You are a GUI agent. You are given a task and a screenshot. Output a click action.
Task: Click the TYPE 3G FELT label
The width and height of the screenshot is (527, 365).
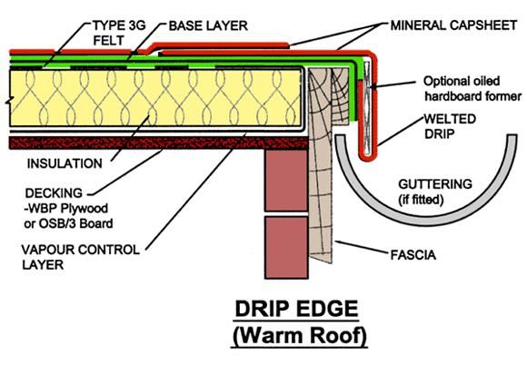pyautogui.click(x=119, y=33)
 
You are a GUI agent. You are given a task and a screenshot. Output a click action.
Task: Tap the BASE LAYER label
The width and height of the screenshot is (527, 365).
pyautogui.click(x=208, y=25)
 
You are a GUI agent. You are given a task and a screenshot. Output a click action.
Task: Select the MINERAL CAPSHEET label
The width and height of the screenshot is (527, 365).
pyautogui.click(x=453, y=25)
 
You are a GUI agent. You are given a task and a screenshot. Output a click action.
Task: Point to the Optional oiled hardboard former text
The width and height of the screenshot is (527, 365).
pyautogui.click(x=472, y=89)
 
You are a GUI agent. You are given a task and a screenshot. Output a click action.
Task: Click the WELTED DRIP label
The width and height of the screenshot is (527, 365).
pyautogui.click(x=450, y=126)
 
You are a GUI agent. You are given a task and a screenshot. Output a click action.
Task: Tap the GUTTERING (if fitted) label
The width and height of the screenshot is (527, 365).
pyautogui.click(x=435, y=192)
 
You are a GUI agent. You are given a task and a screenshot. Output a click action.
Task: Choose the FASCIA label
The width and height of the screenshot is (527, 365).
pyautogui.click(x=413, y=255)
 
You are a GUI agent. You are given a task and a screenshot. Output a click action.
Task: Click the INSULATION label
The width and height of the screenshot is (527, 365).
pyautogui.click(x=65, y=163)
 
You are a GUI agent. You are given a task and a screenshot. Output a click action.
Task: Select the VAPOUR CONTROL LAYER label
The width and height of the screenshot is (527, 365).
pyautogui.click(x=80, y=257)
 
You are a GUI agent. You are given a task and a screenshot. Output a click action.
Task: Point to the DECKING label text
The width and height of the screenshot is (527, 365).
pyautogui.click(x=54, y=193)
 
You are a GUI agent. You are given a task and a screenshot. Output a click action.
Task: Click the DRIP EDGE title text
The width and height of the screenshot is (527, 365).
pyautogui.click(x=296, y=309)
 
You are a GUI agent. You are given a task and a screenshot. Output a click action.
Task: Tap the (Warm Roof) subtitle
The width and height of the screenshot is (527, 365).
pyautogui.click(x=299, y=336)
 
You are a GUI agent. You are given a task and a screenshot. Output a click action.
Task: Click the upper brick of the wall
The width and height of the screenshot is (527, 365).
pyautogui.click(x=286, y=180)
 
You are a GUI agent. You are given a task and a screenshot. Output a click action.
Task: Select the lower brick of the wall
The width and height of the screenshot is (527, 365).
pyautogui.click(x=286, y=248)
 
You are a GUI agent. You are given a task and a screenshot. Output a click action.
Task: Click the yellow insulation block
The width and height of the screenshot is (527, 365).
pyautogui.click(x=155, y=98)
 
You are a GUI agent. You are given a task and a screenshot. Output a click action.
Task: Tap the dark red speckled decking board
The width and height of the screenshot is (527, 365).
pyautogui.click(x=159, y=143)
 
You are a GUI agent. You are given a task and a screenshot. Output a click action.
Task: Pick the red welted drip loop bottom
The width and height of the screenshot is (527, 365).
pyautogui.click(x=367, y=158)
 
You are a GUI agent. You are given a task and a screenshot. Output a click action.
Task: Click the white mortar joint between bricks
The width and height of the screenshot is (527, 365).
pyautogui.click(x=286, y=214)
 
